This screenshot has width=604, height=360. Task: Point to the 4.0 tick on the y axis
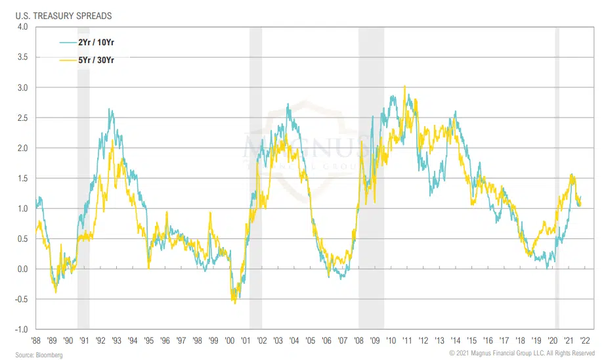(22, 27)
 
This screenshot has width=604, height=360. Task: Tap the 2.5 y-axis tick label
(22, 118)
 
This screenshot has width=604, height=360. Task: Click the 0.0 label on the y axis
(22, 269)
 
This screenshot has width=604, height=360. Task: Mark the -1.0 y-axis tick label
(22, 329)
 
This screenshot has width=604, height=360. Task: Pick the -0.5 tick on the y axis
(22, 299)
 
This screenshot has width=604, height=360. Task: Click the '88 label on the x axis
(36, 341)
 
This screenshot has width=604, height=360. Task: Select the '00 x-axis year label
(230, 341)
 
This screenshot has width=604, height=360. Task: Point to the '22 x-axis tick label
(584, 341)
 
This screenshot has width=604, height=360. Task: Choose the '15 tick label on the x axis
(471, 341)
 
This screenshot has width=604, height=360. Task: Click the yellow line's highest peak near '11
(404, 86)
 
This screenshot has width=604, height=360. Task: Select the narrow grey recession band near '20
(557, 177)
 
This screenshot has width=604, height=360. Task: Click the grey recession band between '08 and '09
(371, 177)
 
